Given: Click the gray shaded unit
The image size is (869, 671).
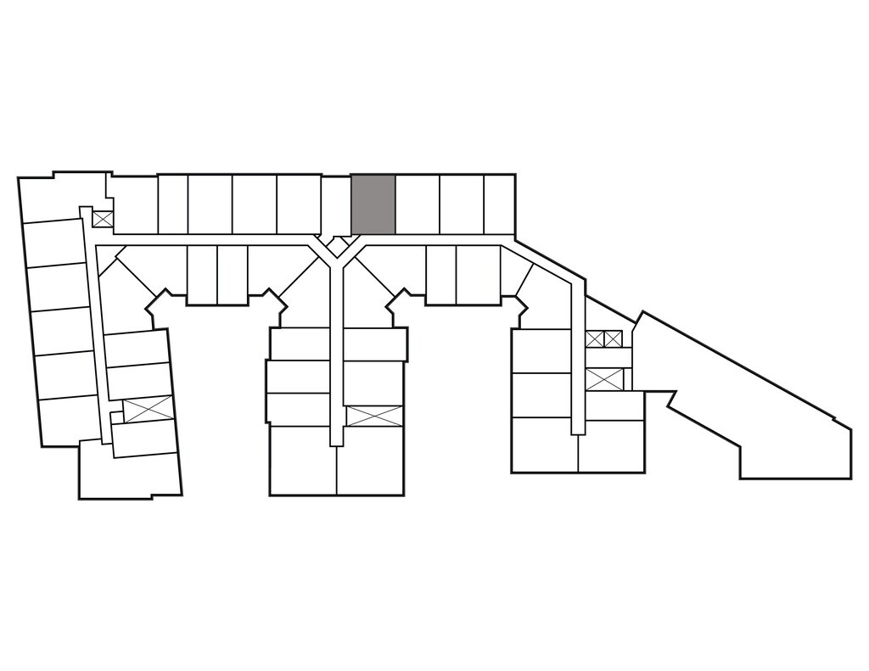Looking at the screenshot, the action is pyautogui.click(x=373, y=204).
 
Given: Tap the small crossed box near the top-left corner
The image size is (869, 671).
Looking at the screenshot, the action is pyautogui.click(x=102, y=219).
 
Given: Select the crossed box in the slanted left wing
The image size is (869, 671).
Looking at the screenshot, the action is pyautogui.click(x=148, y=409).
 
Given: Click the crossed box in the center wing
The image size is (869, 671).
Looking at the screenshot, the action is pyautogui.click(x=373, y=416).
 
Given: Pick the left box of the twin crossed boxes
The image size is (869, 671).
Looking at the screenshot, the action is pyautogui.click(x=594, y=339).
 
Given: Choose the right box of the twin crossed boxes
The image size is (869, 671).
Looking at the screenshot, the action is pyautogui.click(x=613, y=339).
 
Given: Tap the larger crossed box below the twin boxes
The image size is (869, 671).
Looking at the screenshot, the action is pyautogui.click(x=604, y=379).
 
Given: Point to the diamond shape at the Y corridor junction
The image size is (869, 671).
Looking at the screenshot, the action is pyautogui.click(x=337, y=247).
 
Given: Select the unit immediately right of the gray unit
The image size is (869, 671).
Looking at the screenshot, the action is pyautogui.click(x=418, y=204).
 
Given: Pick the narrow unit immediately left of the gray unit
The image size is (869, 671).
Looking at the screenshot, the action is pyautogui.click(x=335, y=204).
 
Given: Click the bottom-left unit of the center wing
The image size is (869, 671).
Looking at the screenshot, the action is pyautogui.click(x=303, y=461).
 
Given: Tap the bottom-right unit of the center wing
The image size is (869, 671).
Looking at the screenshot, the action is pyautogui.click(x=370, y=461).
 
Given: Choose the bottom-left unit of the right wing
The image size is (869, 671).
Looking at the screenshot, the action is pyautogui.click(x=544, y=445).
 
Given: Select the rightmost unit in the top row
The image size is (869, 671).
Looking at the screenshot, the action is pyautogui.click(x=499, y=204).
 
